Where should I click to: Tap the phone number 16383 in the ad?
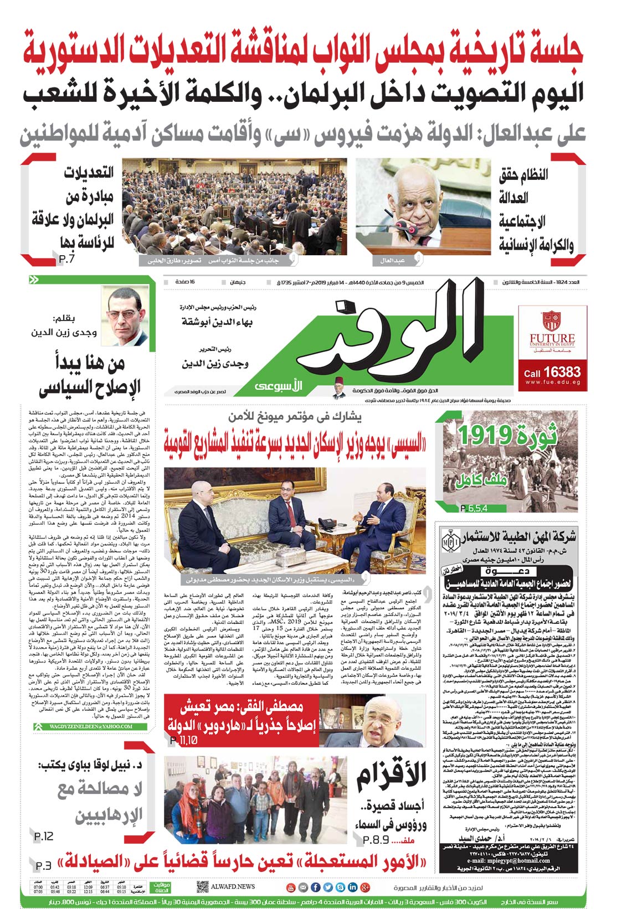click(x=562, y=372)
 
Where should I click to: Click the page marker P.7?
click(x=66, y=257)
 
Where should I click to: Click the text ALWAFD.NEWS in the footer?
click(x=233, y=886)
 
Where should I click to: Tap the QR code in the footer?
click(x=202, y=887)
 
